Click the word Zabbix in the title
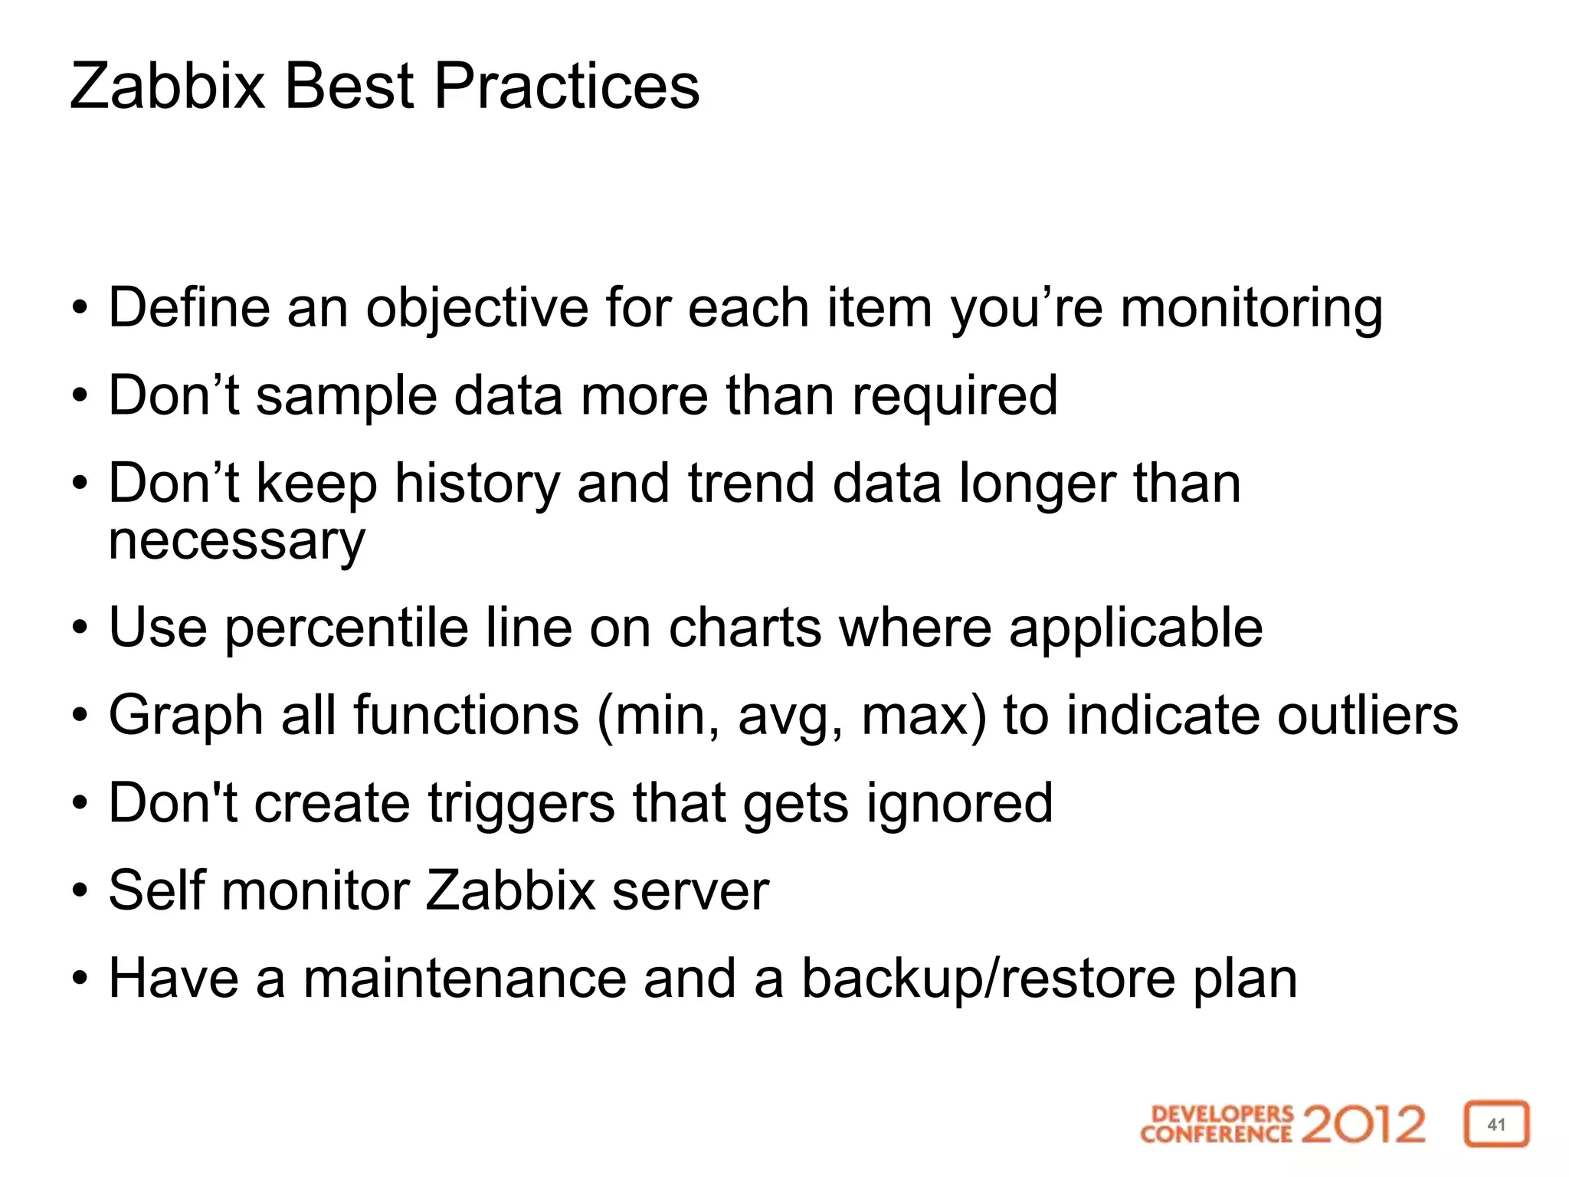click(167, 86)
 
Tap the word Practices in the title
click(566, 86)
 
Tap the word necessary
click(237, 541)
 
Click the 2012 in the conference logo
click(1363, 1124)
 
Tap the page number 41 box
click(1496, 1124)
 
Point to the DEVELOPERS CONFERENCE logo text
click(1217, 1124)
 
